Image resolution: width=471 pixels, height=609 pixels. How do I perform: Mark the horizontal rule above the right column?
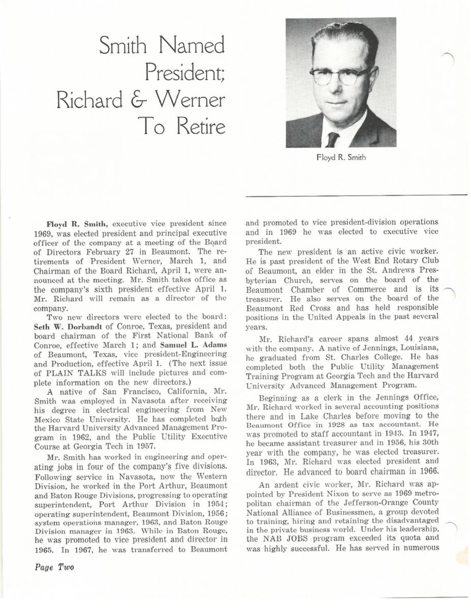pyautogui.click(x=356, y=195)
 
